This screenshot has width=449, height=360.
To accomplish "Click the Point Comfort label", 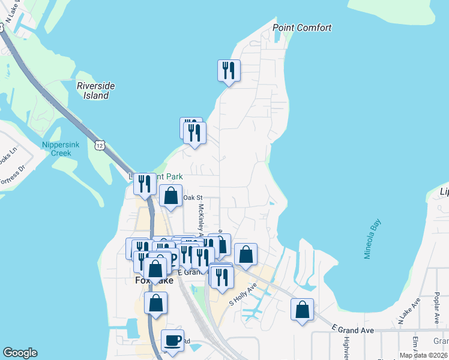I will coord(302,28).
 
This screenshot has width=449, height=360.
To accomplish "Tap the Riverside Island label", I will coord(95,91).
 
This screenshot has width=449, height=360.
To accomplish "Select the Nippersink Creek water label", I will coord(57,149).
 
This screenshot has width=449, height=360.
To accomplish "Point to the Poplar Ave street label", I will coord(436,310).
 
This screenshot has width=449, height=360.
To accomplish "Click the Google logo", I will coord(20,353).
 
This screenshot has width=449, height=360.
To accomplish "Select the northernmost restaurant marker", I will coord(229,71).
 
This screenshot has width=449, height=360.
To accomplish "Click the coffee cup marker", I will coord(173,340).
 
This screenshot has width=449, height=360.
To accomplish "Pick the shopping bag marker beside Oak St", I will coord(171,196).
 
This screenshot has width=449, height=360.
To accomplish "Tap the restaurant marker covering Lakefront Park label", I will coord(144,184).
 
